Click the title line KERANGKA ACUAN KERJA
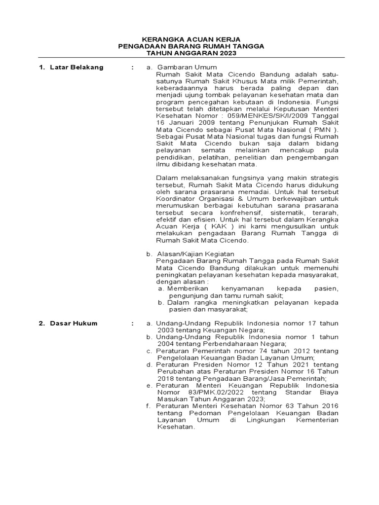click(x=191, y=39)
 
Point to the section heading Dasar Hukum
click(x=74, y=324)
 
